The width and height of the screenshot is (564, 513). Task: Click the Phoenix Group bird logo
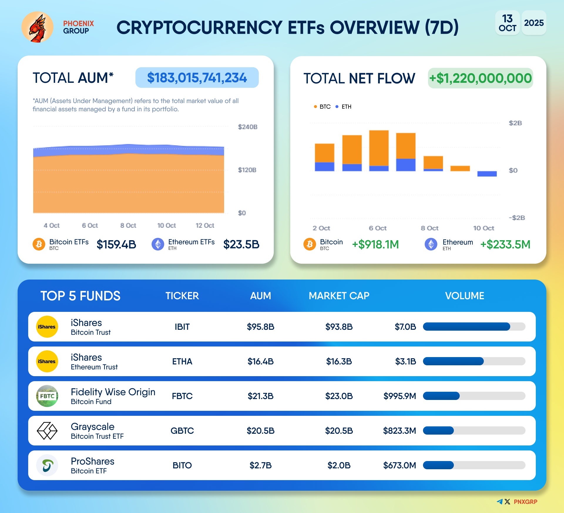coord(38,27)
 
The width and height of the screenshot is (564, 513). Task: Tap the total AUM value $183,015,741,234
coord(197,78)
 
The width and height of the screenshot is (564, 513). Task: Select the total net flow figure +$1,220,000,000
coord(480,78)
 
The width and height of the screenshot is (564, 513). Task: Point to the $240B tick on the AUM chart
coord(247,127)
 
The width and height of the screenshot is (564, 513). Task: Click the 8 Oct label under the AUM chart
coord(128,226)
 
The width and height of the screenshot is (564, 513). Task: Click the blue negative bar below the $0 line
coord(487,174)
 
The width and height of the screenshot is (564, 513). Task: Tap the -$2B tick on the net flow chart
coord(517,218)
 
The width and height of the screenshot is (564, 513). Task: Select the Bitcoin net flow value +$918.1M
coord(375,244)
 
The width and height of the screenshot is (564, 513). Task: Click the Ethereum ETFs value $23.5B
coord(241,244)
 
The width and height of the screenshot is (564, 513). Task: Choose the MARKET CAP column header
coord(339,296)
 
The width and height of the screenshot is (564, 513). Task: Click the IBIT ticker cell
coord(182,327)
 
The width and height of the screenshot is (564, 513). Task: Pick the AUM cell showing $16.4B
coord(261,361)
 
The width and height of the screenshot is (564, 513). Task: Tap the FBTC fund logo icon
coord(47,396)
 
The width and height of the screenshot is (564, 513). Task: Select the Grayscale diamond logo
coord(47,431)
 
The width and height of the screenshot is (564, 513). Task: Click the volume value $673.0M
coord(399,465)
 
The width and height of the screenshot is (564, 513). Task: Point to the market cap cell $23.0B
coord(339,396)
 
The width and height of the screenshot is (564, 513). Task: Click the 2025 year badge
coord(534,23)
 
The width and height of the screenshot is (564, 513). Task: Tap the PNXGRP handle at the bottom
coord(525,502)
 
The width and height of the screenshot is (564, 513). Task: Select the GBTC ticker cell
coord(182,431)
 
